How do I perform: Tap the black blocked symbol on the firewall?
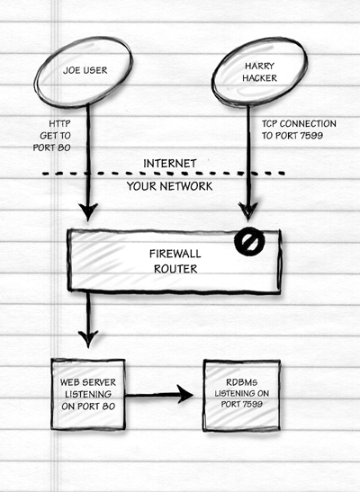point(249,241)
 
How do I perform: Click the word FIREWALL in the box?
point(175,254)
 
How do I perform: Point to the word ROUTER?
point(175,269)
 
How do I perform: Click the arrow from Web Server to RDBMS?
point(159,395)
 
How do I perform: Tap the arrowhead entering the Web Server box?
point(88,339)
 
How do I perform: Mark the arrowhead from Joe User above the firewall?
point(88,212)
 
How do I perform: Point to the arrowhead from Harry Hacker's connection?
point(248,211)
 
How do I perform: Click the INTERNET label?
point(170,164)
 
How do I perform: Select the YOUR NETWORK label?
point(169,186)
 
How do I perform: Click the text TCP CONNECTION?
point(299,123)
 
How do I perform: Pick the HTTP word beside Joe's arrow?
point(59,123)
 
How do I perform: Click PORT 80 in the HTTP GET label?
point(52,148)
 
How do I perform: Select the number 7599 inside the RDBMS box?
point(251,404)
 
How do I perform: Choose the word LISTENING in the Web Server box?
point(88,394)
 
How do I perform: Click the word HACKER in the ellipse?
point(259,78)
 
